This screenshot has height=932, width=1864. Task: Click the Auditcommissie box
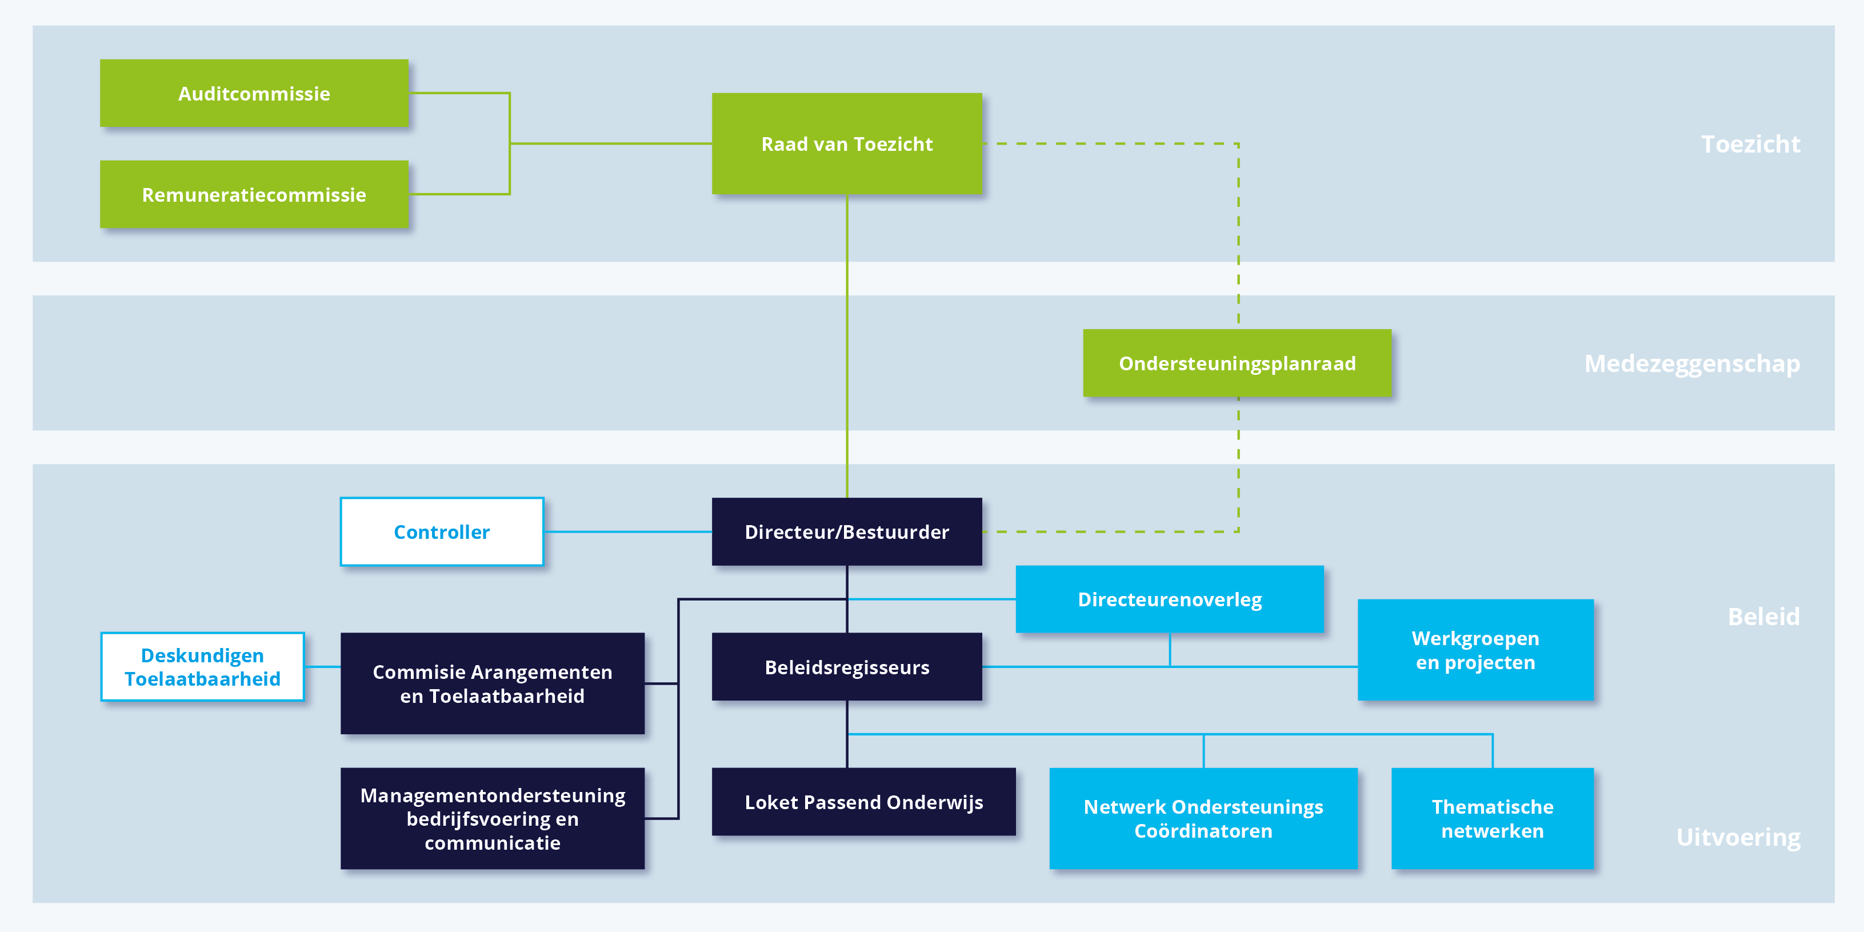(x=254, y=93)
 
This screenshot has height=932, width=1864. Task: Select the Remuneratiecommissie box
(x=254, y=195)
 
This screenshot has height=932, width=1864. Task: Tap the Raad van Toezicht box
(x=847, y=143)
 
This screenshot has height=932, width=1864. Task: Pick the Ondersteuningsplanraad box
(x=1237, y=363)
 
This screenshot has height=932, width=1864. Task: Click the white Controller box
(x=441, y=532)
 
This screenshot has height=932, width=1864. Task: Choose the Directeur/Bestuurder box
(x=847, y=532)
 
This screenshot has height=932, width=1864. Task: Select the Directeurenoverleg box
(x=1169, y=599)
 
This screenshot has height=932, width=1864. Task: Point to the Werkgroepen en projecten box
(x=1475, y=650)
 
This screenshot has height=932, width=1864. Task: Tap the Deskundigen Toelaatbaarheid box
(x=203, y=666)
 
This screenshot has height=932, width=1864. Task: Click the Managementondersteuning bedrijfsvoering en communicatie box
(x=492, y=818)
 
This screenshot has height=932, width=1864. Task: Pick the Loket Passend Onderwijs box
(x=863, y=802)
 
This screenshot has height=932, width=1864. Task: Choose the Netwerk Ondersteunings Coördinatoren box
(x=1203, y=818)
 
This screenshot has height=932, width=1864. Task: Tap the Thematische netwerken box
(x=1492, y=818)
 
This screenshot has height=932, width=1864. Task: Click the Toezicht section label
(x=1750, y=144)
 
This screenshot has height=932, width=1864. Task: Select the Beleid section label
(x=1763, y=617)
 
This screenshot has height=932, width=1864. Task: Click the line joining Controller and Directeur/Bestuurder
(x=627, y=532)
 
